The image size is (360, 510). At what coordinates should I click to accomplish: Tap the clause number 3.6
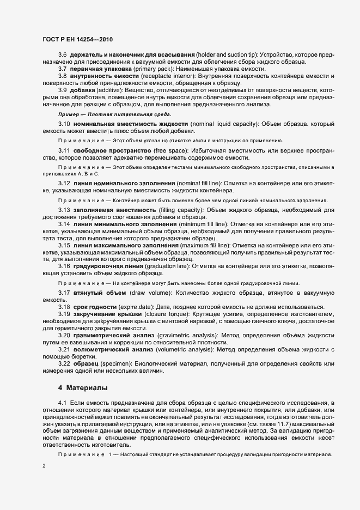click(x=62, y=55)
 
